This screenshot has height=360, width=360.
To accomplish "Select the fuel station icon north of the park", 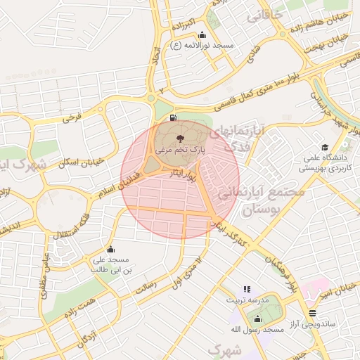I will coord(174,117).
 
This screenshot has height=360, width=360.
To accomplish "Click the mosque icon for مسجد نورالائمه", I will coord(202,35).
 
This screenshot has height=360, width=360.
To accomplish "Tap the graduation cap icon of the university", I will coord(325,147).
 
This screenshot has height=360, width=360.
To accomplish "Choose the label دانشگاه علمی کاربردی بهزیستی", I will coord(324,163).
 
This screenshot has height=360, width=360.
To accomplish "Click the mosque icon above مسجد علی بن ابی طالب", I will coord(110,249).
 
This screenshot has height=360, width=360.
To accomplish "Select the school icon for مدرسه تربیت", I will coord(246,289).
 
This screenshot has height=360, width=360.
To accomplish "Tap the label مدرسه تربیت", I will coord(247,300).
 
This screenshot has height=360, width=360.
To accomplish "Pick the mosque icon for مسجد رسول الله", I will coord(257,319).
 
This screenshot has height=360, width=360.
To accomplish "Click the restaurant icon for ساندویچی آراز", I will coord(312,313).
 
